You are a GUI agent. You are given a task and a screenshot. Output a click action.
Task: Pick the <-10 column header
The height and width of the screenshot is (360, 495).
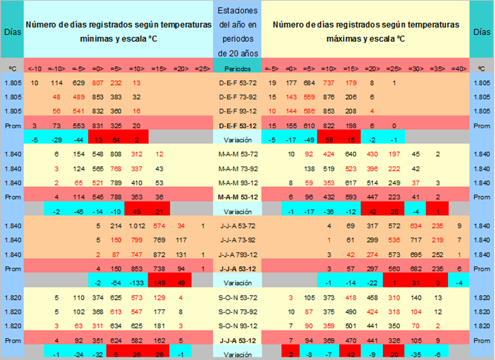(x=34, y=68)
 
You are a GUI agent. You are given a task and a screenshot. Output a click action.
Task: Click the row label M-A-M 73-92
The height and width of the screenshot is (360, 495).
(x=236, y=169)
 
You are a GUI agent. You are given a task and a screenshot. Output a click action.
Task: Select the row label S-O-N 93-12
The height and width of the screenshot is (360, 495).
(x=236, y=326)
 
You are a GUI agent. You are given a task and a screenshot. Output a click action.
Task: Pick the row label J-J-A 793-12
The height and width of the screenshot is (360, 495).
(x=236, y=255)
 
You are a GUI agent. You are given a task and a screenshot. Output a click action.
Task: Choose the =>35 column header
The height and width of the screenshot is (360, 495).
(x=437, y=68)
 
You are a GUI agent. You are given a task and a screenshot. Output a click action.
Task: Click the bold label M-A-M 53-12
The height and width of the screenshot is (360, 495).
(x=236, y=197)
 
